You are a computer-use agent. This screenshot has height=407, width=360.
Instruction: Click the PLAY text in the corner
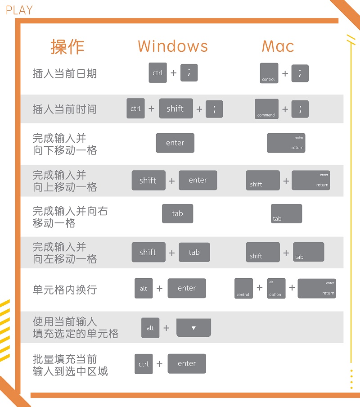click(19, 10)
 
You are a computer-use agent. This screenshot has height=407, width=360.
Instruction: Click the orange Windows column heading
click(173, 46)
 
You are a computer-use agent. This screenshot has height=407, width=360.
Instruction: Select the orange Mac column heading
click(278, 46)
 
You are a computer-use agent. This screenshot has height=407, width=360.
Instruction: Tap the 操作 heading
click(67, 46)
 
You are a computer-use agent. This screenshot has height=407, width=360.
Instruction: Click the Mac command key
click(266, 109)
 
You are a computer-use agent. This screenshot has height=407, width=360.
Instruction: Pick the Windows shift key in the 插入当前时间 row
click(176, 109)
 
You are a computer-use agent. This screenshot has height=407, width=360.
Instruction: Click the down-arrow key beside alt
click(193, 328)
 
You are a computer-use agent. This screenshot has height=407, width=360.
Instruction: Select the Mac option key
click(276, 288)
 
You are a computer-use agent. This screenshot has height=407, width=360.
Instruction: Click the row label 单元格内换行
click(65, 289)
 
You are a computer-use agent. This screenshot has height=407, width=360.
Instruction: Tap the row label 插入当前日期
click(65, 73)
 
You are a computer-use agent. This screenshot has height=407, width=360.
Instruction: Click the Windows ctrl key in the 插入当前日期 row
click(157, 73)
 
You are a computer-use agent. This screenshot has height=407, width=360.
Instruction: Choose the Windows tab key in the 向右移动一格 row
click(177, 214)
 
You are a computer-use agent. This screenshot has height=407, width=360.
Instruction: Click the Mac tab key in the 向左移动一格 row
click(308, 252)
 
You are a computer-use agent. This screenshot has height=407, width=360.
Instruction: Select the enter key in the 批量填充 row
click(187, 363)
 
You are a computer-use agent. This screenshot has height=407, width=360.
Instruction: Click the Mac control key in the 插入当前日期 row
click(269, 73)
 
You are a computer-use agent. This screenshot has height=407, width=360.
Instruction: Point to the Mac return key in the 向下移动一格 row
click(286, 143)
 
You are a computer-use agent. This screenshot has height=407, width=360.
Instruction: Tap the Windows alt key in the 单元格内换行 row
click(144, 288)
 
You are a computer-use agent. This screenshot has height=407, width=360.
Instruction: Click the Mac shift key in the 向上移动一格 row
click(263, 180)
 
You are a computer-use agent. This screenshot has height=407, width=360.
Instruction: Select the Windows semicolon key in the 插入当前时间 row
click(214, 109)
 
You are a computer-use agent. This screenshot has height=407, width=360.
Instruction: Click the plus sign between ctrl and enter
click(159, 364)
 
